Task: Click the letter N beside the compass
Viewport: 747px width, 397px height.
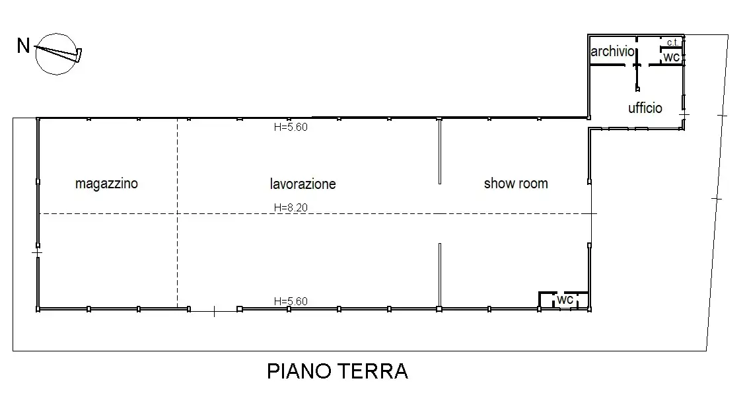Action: click(x=23, y=46)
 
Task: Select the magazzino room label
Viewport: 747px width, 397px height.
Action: click(x=106, y=183)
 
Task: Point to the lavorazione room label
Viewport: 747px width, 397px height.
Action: click(x=302, y=183)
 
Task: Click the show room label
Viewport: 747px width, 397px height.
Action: click(x=516, y=183)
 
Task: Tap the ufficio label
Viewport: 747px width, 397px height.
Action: click(x=645, y=108)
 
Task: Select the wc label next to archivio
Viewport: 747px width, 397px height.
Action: click(x=672, y=57)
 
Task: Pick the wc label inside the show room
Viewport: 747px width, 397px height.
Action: click(x=564, y=299)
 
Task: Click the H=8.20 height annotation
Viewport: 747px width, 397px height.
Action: click(x=291, y=207)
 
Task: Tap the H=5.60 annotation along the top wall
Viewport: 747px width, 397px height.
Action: click(x=291, y=127)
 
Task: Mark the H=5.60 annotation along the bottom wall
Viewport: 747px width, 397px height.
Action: click(x=291, y=301)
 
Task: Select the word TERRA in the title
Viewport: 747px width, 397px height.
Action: click(x=376, y=371)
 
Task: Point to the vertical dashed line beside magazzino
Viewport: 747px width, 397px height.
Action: click(x=177, y=251)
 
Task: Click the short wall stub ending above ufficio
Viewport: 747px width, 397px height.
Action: click(x=637, y=79)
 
